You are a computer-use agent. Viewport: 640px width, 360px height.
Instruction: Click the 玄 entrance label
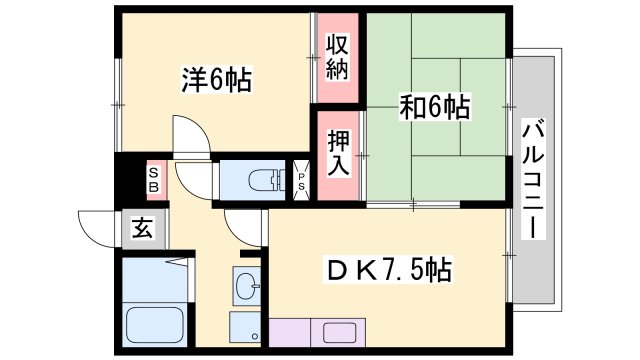pyautogui.click(x=142, y=229)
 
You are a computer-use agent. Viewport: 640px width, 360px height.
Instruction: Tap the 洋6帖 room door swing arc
pyautogui.click(x=190, y=136)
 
